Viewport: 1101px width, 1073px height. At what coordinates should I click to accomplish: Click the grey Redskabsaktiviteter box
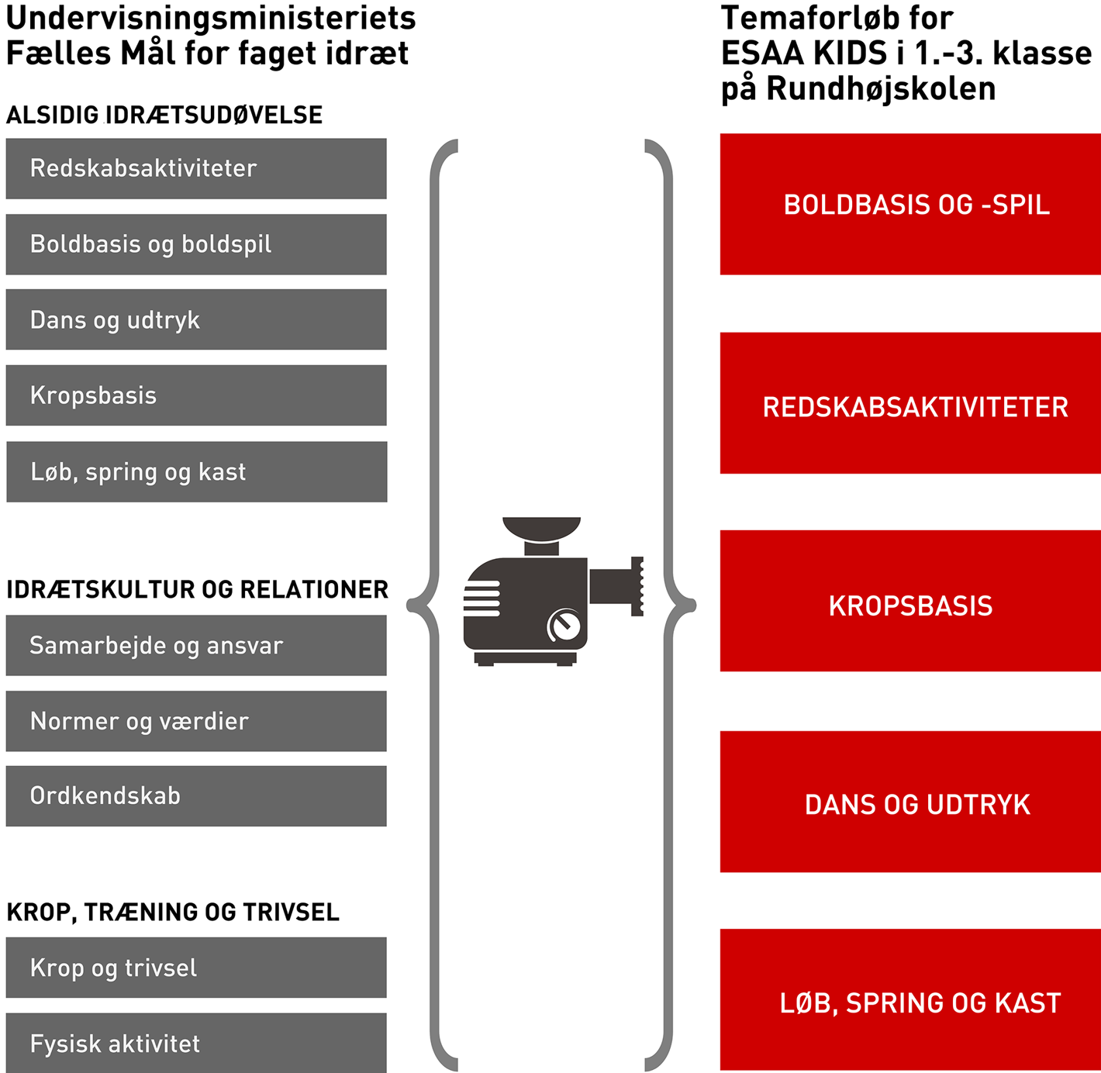pyautogui.click(x=196, y=168)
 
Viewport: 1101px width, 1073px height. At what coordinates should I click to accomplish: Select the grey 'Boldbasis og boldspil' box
pyautogui.click(x=196, y=244)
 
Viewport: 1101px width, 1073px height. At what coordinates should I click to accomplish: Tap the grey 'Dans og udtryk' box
pyautogui.click(x=196, y=319)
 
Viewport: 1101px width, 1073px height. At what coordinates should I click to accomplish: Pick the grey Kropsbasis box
pyautogui.click(x=196, y=395)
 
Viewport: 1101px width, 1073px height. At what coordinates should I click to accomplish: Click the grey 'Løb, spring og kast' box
pyautogui.click(x=196, y=471)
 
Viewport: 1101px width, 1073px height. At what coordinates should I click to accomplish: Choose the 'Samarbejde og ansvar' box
pyautogui.click(x=196, y=645)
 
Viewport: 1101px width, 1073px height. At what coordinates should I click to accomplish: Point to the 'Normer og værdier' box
pyautogui.click(x=196, y=721)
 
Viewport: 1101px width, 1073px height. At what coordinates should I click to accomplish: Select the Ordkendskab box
pyautogui.click(x=196, y=796)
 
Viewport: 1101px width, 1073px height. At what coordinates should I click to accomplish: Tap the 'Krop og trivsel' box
pyautogui.click(x=196, y=968)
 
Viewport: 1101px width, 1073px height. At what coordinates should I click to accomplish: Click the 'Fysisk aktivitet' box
pyautogui.click(x=196, y=1043)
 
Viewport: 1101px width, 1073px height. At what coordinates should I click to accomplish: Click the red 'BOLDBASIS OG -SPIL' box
pyautogui.click(x=910, y=204)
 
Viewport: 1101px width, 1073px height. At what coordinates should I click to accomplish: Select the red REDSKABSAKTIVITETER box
pyautogui.click(x=910, y=403)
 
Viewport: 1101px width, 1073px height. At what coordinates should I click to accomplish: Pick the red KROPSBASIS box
pyautogui.click(x=910, y=601)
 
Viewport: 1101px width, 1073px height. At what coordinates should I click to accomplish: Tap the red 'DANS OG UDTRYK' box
pyautogui.click(x=910, y=802)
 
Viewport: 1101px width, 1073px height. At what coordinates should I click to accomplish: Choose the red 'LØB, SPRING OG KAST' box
pyautogui.click(x=910, y=1000)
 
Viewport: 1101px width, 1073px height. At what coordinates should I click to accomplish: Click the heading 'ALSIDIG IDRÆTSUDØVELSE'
pyautogui.click(x=164, y=115)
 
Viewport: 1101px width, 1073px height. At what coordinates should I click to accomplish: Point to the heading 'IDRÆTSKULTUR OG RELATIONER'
pyautogui.click(x=197, y=589)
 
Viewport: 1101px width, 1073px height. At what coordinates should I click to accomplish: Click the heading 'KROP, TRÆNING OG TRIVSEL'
pyautogui.click(x=173, y=912)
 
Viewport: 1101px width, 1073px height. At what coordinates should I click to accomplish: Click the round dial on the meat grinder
pyautogui.click(x=564, y=626)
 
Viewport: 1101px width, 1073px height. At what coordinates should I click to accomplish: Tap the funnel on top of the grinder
pyautogui.click(x=541, y=529)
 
